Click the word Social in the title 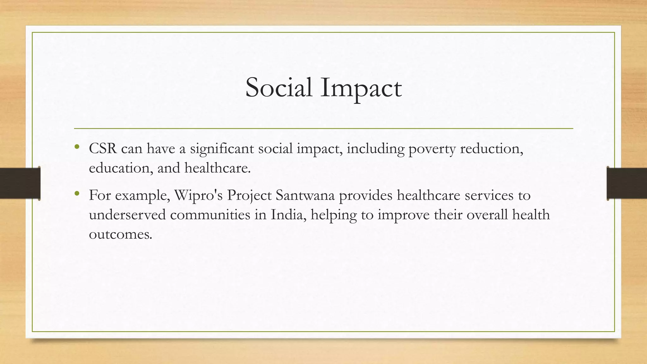click(x=279, y=88)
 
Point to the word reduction click(x=491, y=149)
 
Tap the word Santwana click(x=305, y=195)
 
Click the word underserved click(x=127, y=215)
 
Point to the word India click(x=288, y=215)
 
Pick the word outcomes click(x=120, y=234)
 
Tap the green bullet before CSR click(x=77, y=147)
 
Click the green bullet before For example click(x=77, y=193)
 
